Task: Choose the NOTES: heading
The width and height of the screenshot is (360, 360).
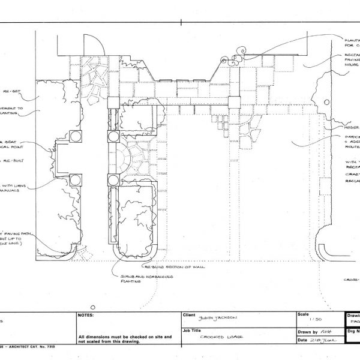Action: pos(85,314)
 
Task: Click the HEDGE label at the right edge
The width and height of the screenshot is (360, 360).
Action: pos(351,128)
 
